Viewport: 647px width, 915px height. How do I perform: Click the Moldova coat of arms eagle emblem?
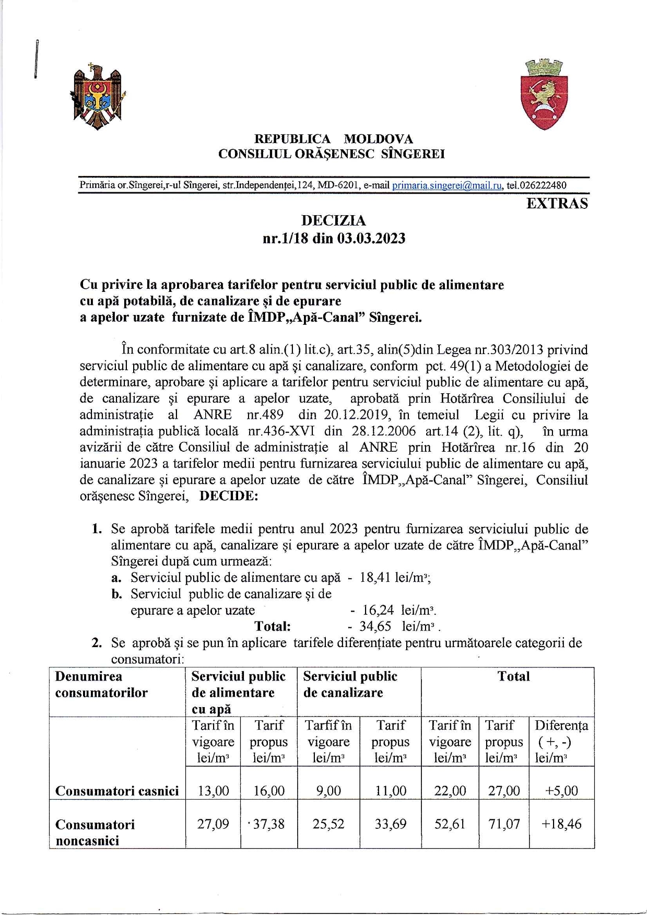click(x=98, y=97)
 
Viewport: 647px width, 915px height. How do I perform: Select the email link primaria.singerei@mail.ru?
click(x=447, y=185)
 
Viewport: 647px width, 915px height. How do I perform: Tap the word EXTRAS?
click(x=557, y=204)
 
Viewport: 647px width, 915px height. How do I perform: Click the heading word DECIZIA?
click(x=334, y=221)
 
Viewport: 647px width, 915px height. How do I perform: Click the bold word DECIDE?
click(x=229, y=496)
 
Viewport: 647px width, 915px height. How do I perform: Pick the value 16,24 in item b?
click(x=378, y=610)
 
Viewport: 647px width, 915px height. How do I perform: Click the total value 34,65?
click(x=375, y=626)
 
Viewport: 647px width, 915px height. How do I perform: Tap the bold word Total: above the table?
click(x=272, y=626)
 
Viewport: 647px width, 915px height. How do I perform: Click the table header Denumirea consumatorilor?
click(x=101, y=684)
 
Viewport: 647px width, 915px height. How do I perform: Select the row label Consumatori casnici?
click(x=117, y=791)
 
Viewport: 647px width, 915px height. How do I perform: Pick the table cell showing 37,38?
click(x=269, y=824)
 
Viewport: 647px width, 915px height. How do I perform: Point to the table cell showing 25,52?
click(x=328, y=824)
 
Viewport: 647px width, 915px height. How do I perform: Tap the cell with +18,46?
click(x=561, y=824)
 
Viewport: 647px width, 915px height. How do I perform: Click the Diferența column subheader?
click(x=561, y=741)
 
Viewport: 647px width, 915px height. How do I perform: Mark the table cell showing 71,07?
click(x=504, y=824)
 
